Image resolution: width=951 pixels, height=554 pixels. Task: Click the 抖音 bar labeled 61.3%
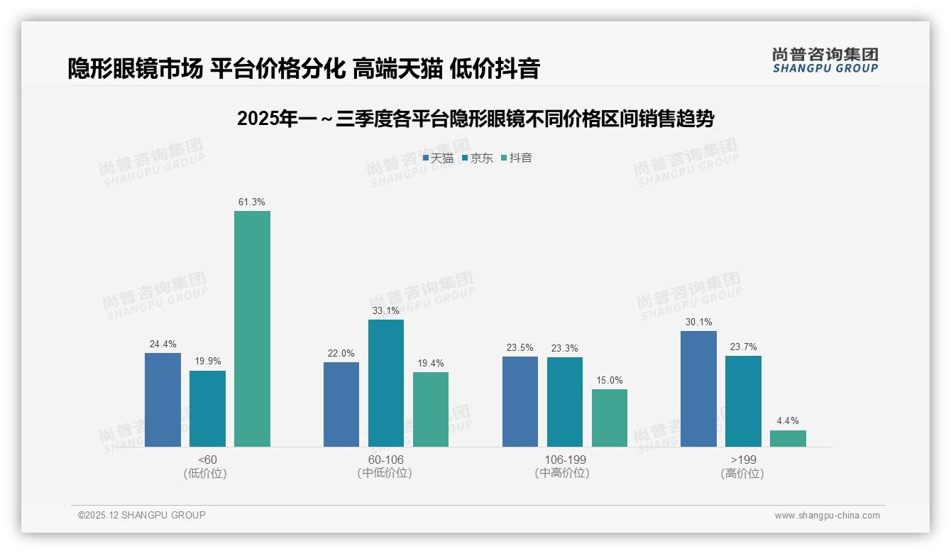pyautogui.click(x=252, y=329)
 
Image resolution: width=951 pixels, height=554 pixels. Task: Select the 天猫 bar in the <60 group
pyautogui.click(x=163, y=400)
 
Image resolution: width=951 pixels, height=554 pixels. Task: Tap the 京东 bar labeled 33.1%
pyautogui.click(x=385, y=384)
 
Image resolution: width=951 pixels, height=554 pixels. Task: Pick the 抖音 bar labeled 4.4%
pyautogui.click(x=788, y=438)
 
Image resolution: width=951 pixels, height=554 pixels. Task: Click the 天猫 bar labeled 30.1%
pyautogui.click(x=698, y=389)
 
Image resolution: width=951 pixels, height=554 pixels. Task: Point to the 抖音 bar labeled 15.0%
pyautogui.click(x=609, y=418)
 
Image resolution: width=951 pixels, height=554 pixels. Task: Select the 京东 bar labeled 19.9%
pyautogui.click(x=207, y=408)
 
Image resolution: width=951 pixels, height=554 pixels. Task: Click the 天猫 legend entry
pyautogui.click(x=438, y=158)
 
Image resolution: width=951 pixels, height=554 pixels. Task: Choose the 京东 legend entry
pyautogui.click(x=477, y=158)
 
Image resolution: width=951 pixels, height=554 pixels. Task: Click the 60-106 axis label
pyautogui.click(x=385, y=460)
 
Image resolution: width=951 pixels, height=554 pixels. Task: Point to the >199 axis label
pyautogui.click(x=742, y=460)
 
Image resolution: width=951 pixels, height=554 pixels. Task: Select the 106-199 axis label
pyautogui.click(x=564, y=460)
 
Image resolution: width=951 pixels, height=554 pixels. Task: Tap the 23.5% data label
pyautogui.click(x=520, y=348)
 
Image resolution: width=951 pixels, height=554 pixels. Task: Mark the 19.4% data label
pyautogui.click(x=430, y=364)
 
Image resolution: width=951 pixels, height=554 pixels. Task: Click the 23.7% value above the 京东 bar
pyautogui.click(x=742, y=347)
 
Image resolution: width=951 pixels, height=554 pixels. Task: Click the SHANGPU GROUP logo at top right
pyautogui.click(x=825, y=60)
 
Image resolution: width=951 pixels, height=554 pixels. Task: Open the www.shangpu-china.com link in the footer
pyautogui.click(x=827, y=516)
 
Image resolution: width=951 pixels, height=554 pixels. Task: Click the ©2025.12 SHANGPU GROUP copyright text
pyautogui.click(x=142, y=515)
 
